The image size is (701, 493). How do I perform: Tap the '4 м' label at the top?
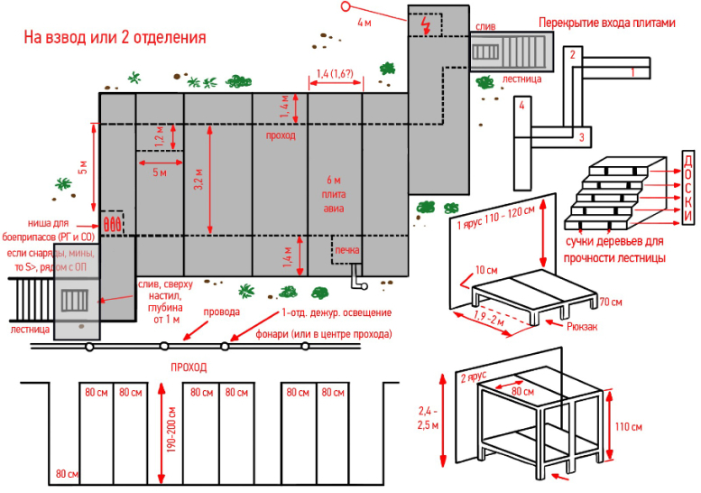pyautogui.click(x=364, y=22)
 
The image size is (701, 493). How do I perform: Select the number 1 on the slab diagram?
pyautogui.click(x=634, y=70)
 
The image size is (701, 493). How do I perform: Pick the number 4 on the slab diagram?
pyautogui.click(x=521, y=105)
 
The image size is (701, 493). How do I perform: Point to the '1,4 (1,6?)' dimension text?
pyautogui.click(x=336, y=73)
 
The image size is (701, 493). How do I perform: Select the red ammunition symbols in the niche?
pyautogui.click(x=112, y=221)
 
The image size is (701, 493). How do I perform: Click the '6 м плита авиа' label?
pyautogui.click(x=334, y=193)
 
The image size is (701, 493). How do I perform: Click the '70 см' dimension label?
pyautogui.click(x=611, y=301)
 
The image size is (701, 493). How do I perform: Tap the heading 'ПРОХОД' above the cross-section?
pyautogui.click(x=189, y=367)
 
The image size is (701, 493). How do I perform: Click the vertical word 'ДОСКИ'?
pyautogui.click(x=687, y=189)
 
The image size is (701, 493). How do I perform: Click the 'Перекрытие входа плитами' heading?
pyautogui.click(x=606, y=22)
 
